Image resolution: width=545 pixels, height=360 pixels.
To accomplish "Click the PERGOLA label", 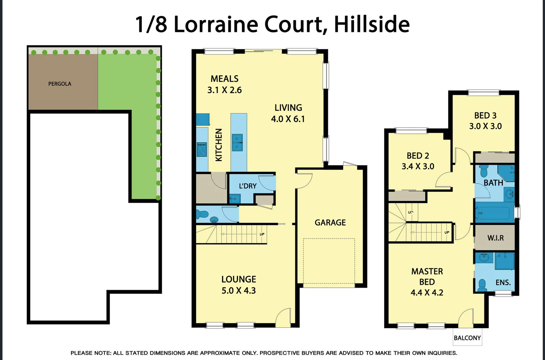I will pos(60,84).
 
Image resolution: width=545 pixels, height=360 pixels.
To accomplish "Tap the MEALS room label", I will pos(224,79).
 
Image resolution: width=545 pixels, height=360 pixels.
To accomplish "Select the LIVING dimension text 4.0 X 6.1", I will pos(288,119).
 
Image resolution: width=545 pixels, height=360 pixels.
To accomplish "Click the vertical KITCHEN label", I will pos(219,145).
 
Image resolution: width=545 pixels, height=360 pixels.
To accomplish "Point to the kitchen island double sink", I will pos(237,143).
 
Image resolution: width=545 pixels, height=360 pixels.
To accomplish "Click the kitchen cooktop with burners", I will pos(202,149).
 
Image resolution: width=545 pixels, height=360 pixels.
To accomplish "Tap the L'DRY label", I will pos(248,186).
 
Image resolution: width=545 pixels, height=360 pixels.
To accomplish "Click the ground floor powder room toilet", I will pos(202,214).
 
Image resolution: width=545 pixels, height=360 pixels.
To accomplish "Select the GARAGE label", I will pos(330,222).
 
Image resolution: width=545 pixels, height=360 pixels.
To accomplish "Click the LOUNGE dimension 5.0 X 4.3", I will pos(239,291).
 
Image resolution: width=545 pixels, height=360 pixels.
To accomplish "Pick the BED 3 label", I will pos(485,115).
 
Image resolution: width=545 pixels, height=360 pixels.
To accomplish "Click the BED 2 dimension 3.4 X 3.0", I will pos(418,166).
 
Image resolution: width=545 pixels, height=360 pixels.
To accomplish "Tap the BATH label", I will pos(493,183).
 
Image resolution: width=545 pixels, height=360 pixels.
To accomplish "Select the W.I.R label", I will pos(495,238).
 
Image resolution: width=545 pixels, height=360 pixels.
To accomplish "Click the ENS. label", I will pos(503,283).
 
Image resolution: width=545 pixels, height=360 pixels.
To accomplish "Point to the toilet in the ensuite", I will pos(482,285).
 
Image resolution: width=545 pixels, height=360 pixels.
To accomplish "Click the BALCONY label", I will pos(467,338).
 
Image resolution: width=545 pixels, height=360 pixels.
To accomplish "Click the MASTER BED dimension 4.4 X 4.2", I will pos(427,293).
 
